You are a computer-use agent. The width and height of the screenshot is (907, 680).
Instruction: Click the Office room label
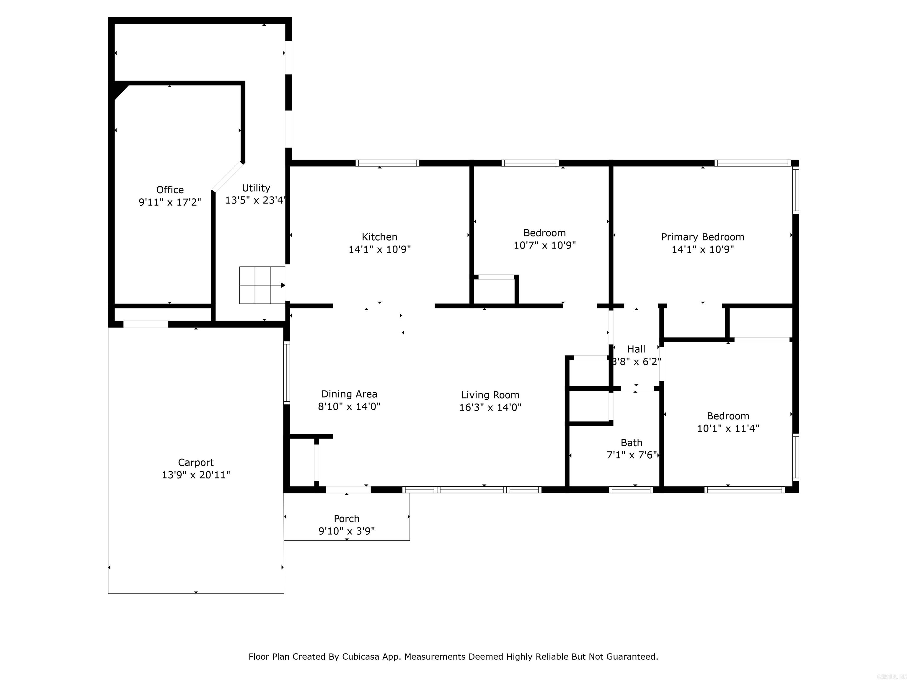170,190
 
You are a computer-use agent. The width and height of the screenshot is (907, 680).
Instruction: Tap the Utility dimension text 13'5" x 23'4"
255,200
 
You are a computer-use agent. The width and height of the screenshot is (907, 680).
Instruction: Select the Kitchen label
379,237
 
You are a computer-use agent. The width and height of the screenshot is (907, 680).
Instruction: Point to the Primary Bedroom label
702,237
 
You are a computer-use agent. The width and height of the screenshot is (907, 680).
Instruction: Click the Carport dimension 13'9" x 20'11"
195,475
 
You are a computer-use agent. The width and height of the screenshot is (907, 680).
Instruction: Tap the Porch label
347,519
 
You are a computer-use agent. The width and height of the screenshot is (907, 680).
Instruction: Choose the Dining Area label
349,394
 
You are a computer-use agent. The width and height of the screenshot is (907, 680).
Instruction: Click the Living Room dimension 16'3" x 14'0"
490,407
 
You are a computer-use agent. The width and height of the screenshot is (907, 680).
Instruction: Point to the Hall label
636,349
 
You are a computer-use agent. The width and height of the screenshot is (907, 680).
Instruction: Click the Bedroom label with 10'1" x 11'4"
728,416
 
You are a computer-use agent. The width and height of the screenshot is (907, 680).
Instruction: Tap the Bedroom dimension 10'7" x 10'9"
544,245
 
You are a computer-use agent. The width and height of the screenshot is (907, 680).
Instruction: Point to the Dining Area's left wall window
287,373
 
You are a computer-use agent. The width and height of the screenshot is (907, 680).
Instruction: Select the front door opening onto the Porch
348,489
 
